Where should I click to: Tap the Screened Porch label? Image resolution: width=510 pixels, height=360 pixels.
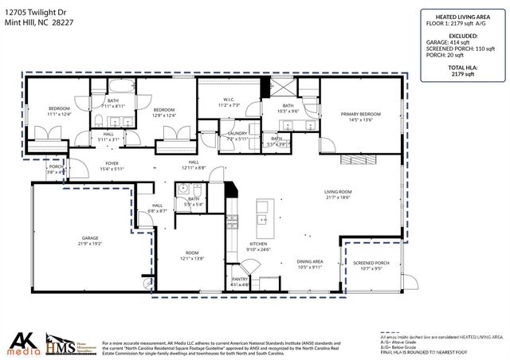pyautogui.click(x=371, y=265)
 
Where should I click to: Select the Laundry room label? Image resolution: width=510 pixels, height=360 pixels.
pyautogui.click(x=237, y=135)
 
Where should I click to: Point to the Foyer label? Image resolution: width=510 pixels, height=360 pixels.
pyautogui.click(x=112, y=165)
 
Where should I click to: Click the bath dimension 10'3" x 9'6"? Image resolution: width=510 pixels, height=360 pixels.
pyautogui.click(x=286, y=111)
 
